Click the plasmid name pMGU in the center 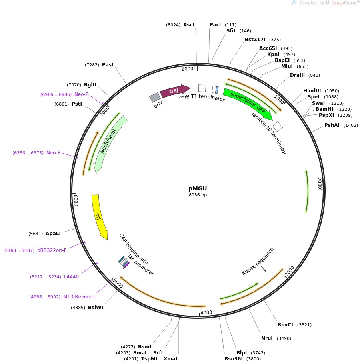pyautogui.click(x=198, y=188)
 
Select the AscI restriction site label pyautogui.click(x=188, y=25)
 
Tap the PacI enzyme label pyautogui.click(x=215, y=25)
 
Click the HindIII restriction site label pyautogui.click(x=312, y=91)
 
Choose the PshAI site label pyautogui.click(x=332, y=125)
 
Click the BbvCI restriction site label pyautogui.click(x=285, y=325)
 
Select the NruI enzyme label pyautogui.click(x=267, y=338)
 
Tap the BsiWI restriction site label pyautogui.click(x=96, y=308)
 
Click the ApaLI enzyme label pyautogui.click(x=53, y=234)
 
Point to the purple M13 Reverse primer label pyautogui.click(x=79, y=297)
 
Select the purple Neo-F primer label pyautogui.click(x=53, y=153)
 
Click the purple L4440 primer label pyautogui.click(x=71, y=277)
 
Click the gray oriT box pyautogui.click(x=155, y=98)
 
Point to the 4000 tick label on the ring pyautogui.click(x=206, y=312)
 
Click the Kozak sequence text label pyautogui.click(x=258, y=261)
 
